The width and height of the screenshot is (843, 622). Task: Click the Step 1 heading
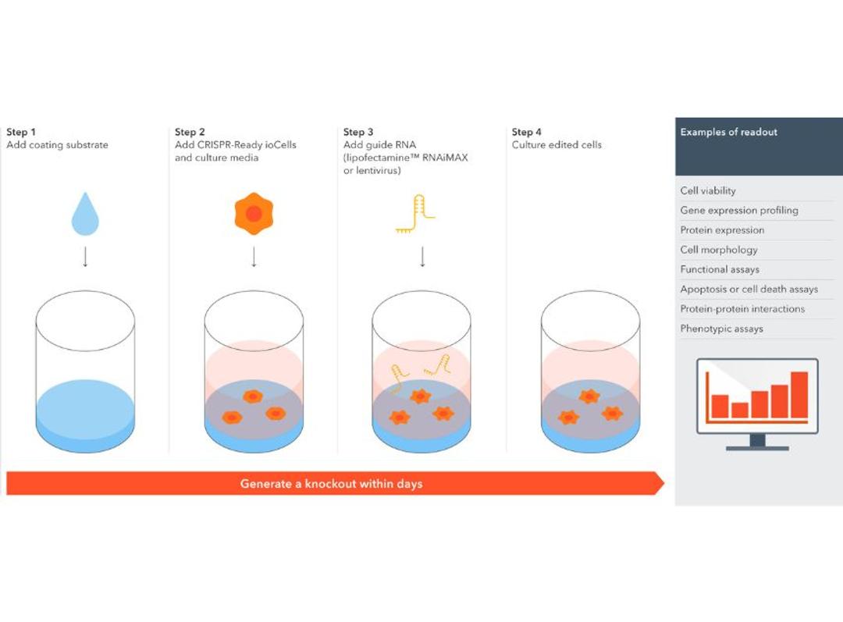click(x=21, y=132)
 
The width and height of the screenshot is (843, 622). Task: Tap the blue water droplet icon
click(x=85, y=215)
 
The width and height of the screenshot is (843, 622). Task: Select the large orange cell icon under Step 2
click(x=254, y=213)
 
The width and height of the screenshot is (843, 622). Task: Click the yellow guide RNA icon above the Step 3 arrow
click(x=415, y=214)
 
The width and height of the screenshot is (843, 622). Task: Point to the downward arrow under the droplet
click(x=85, y=257)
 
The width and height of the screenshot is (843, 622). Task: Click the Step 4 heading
click(x=526, y=132)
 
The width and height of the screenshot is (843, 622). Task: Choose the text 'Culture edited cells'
click(x=557, y=144)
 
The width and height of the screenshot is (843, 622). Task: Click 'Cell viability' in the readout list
click(x=707, y=191)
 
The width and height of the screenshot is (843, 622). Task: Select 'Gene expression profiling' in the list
click(x=738, y=210)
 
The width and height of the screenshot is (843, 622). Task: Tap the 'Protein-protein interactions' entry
click(x=742, y=308)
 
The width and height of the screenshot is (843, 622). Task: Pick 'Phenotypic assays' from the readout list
click(x=721, y=329)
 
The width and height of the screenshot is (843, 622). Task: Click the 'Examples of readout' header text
click(x=728, y=132)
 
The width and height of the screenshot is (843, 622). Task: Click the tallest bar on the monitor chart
click(x=799, y=395)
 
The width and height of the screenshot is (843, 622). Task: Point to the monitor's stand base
click(x=757, y=448)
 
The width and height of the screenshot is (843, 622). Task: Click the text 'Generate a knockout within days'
click(x=331, y=483)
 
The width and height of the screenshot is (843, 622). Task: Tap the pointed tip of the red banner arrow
click(x=664, y=483)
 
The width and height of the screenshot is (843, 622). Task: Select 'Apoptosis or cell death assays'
click(x=749, y=290)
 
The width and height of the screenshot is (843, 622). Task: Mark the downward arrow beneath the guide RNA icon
click(x=422, y=257)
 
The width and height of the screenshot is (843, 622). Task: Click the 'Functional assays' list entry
click(x=720, y=269)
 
